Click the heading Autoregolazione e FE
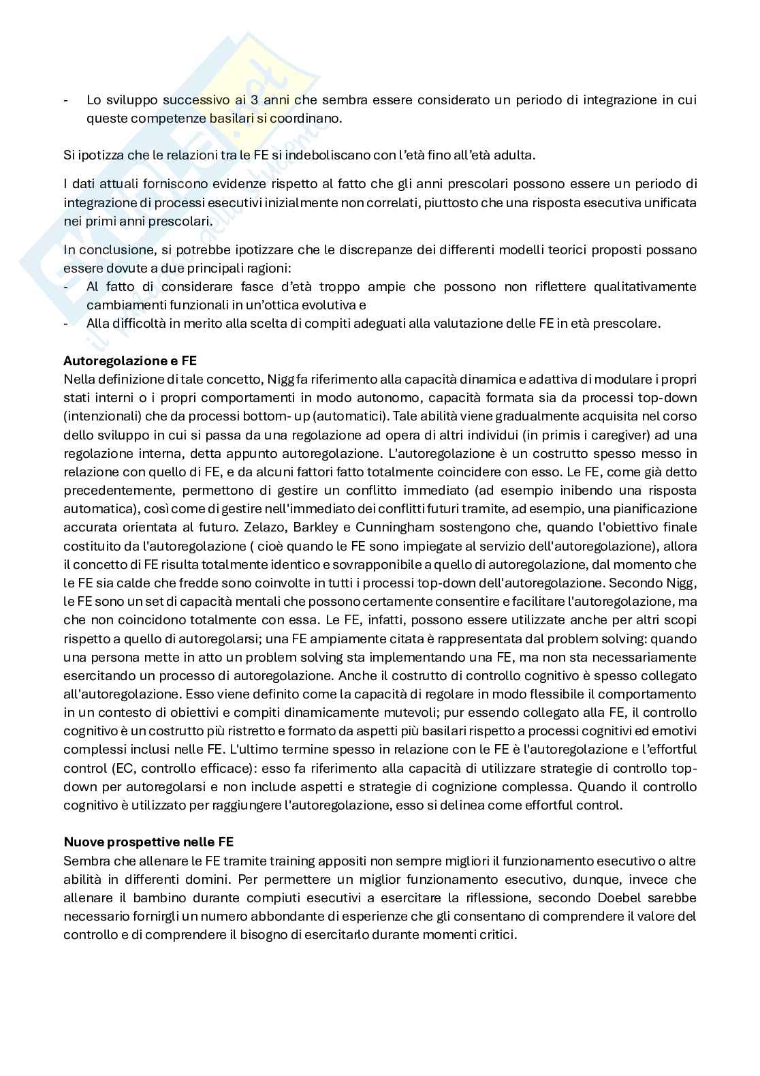(129, 360)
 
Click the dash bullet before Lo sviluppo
(66, 99)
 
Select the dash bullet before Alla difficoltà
(66, 323)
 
